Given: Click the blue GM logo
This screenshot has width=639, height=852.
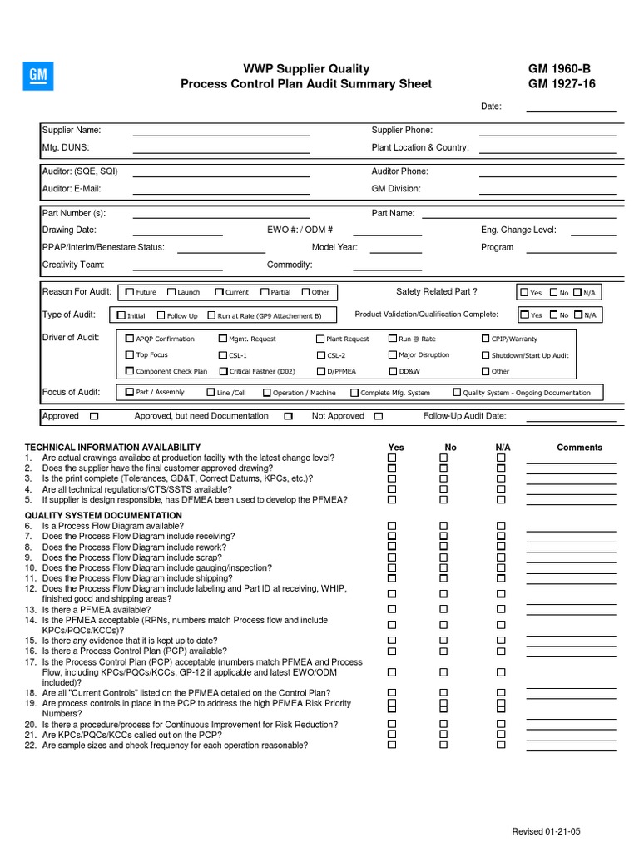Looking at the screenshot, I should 38,77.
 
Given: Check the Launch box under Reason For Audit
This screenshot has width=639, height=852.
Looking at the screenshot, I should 171,292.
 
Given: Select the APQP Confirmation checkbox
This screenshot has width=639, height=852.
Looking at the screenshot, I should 129,339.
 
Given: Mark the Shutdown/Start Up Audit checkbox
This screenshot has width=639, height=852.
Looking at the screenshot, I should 485,354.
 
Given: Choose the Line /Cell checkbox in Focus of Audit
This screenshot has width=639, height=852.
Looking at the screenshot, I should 211,392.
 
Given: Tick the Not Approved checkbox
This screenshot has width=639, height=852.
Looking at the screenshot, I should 379,416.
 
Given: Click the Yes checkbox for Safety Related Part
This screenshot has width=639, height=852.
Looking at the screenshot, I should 524,292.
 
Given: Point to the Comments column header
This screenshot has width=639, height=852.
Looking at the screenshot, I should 579,448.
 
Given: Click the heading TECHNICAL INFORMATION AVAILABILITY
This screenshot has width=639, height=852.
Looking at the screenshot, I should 113,448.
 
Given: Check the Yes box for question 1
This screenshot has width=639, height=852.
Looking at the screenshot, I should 392,458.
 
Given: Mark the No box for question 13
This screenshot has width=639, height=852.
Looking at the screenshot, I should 443,609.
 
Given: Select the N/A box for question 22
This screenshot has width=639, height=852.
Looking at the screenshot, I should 501,745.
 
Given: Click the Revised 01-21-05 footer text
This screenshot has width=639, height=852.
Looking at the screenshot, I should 547,832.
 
